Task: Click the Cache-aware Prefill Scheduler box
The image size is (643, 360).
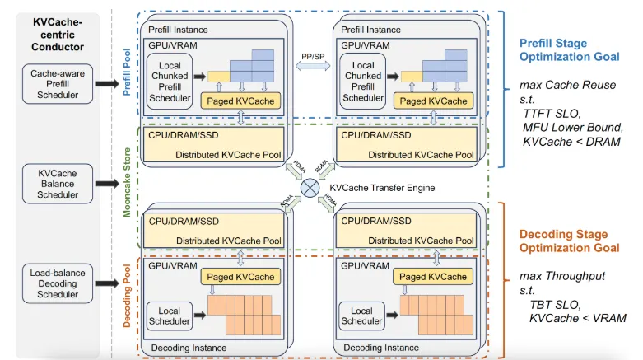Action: click(58, 84)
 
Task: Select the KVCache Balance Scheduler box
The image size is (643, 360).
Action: click(58, 184)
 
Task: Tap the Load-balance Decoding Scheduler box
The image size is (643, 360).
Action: click(58, 283)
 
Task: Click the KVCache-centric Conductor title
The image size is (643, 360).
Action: click(58, 35)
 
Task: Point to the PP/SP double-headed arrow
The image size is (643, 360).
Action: click(313, 65)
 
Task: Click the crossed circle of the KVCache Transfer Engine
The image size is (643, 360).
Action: click(310, 188)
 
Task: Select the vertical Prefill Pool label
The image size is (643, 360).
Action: click(127, 72)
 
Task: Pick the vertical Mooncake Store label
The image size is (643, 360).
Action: click(127, 182)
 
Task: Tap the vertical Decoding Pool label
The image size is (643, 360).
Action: click(127, 296)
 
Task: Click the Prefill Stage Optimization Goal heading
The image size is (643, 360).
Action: click(569, 49)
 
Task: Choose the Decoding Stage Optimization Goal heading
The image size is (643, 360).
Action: click(569, 241)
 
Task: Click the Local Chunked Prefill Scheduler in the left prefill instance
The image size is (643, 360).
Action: click(170, 82)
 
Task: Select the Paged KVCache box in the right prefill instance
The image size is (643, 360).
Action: click(433, 101)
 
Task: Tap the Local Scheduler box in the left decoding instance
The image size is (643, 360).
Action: click(170, 316)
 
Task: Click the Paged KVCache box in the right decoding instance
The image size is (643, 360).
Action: click(433, 277)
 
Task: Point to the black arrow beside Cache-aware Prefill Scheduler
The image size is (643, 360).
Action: click(107, 84)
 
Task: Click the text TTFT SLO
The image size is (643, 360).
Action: click(552, 114)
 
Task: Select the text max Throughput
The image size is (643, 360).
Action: click(561, 276)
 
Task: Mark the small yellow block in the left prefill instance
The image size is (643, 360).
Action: click(218, 77)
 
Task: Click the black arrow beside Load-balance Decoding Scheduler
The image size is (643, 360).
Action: click(107, 283)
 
